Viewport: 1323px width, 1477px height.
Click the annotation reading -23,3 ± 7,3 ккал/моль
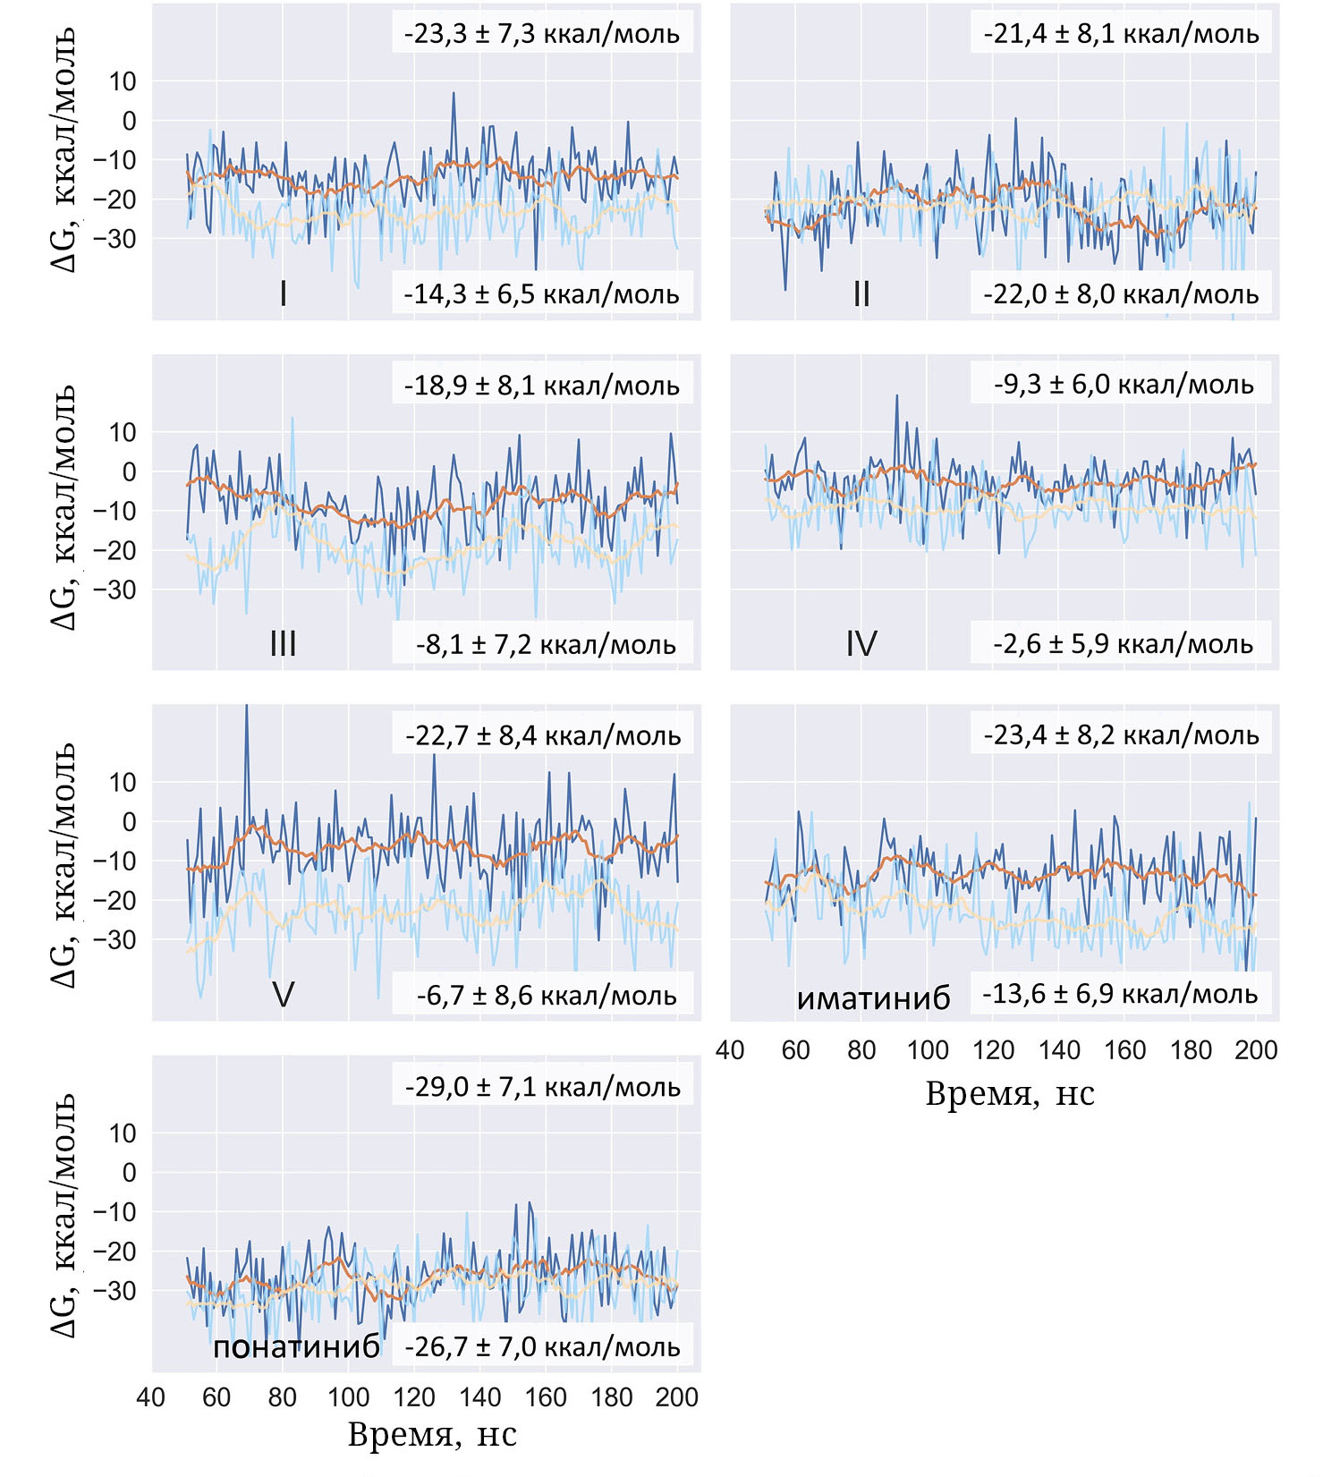[542, 34]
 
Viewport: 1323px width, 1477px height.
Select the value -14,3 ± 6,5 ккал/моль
[542, 293]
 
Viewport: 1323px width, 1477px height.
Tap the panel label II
[861, 293]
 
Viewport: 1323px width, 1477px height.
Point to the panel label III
[283, 643]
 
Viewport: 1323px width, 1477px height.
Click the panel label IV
[861, 643]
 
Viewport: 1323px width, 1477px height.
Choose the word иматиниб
[873, 997]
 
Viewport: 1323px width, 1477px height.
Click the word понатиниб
[296, 1346]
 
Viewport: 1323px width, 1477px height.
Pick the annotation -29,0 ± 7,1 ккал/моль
[542, 1087]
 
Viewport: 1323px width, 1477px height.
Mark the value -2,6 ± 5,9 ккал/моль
[1122, 643]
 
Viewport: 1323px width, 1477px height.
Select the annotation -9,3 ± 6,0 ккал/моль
[1122, 385]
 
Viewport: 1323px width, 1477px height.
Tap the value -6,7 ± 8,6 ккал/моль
[546, 995]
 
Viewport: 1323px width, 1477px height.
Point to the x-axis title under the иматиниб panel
[1009, 1093]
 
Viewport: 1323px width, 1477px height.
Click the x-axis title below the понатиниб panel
[432, 1435]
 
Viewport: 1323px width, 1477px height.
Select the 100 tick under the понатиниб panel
[348, 1397]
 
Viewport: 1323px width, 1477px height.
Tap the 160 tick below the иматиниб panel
[1124, 1049]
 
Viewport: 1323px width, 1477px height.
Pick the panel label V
[283, 994]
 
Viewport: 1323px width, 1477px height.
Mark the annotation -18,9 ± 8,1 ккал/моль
[542, 386]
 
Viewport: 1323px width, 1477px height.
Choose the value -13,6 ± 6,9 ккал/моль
[1121, 994]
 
